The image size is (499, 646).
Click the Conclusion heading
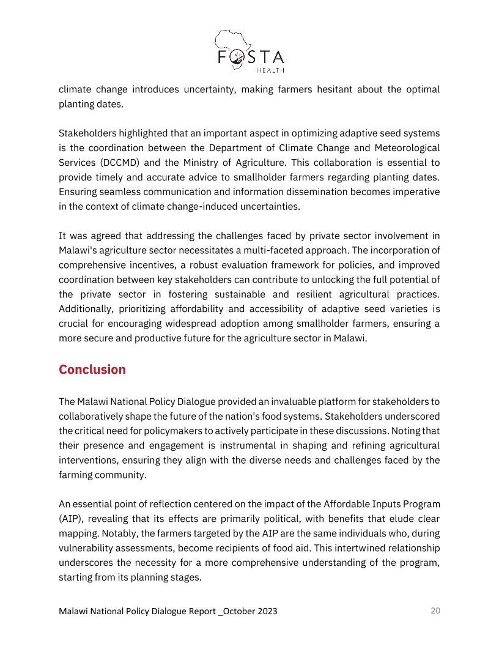pos(92,370)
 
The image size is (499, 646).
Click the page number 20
pos(435,611)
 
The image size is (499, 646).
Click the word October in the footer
pos(234,612)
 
